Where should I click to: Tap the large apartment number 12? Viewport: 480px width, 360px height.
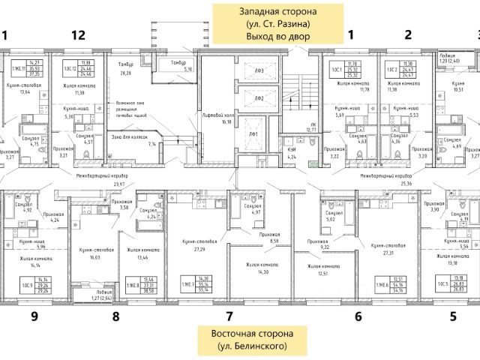[78, 34]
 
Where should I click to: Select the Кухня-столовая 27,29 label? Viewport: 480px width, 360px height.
[199, 244]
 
